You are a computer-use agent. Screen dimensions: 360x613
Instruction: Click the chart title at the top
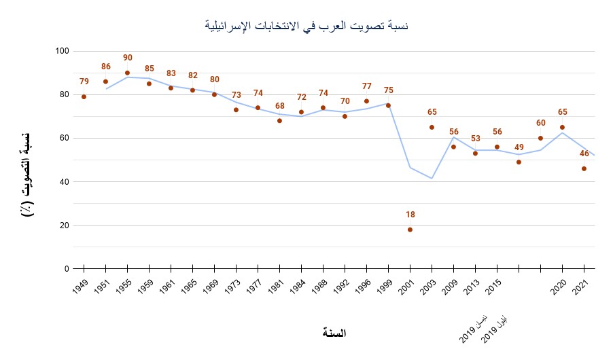point(306,26)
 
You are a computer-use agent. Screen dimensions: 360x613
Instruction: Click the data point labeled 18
point(410,230)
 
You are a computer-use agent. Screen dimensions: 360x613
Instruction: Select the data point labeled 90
point(127,73)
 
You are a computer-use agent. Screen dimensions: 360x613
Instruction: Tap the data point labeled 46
point(584,168)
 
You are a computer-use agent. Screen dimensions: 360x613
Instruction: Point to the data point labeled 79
point(84,96)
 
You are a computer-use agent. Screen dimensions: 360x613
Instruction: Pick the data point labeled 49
point(519,162)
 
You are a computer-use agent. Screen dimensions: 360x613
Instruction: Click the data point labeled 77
point(366,101)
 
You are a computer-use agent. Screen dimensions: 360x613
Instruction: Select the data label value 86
point(105,67)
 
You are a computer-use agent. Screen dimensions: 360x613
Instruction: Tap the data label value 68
point(279,106)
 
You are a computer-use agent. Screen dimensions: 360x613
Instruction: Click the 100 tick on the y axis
point(63,51)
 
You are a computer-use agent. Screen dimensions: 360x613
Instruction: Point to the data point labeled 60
point(540,138)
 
